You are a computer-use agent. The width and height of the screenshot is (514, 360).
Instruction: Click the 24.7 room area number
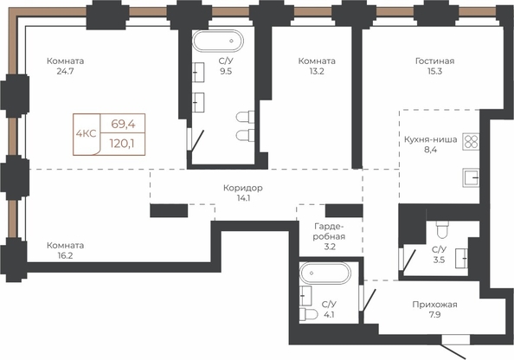coord(65,71)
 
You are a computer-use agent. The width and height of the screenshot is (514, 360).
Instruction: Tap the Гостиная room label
coord(434,61)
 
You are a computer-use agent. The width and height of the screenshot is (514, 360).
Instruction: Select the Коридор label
coord(243,188)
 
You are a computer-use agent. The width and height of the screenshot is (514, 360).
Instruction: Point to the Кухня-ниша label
coord(430,139)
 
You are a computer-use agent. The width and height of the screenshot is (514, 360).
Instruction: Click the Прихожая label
coord(434,305)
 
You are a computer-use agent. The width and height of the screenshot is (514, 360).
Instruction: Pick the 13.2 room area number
coord(317,71)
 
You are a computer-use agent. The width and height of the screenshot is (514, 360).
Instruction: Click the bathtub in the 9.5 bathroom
coord(218,41)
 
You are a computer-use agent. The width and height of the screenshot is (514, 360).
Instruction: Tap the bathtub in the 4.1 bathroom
coord(325,273)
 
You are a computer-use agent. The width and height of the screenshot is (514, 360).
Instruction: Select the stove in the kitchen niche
coord(471,142)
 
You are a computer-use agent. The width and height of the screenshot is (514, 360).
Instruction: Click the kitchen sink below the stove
coord(471,177)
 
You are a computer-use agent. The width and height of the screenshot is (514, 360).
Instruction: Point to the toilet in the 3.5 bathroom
coord(442,229)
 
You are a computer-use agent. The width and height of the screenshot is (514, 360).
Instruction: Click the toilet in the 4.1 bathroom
coord(308,314)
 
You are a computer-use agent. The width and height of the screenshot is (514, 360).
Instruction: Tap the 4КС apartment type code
coord(86,134)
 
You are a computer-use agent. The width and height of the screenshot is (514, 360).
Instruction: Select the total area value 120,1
coord(122,144)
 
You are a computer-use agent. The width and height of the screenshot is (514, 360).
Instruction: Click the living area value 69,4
coord(123,124)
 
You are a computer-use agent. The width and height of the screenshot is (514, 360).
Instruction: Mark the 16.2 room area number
coord(65,256)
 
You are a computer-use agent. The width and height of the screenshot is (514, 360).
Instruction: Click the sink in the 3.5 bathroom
coord(461,259)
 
